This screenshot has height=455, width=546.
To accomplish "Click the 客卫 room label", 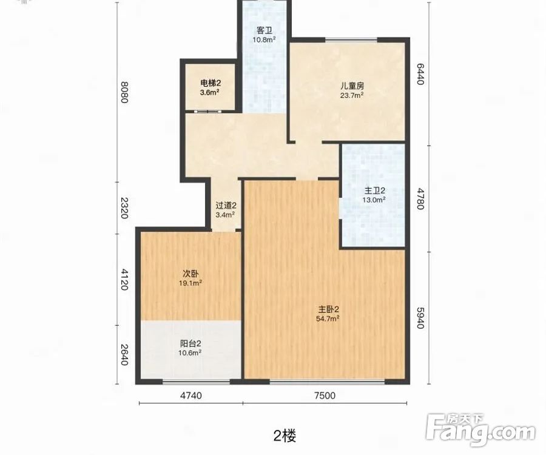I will pos(264,30).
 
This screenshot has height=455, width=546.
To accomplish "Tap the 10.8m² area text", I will pos(264,40).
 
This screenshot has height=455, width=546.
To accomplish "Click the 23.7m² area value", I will pos(351,95).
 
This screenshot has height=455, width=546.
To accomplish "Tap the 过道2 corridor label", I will pos(226,205).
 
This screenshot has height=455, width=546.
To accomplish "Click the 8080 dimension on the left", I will pos(123,93).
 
